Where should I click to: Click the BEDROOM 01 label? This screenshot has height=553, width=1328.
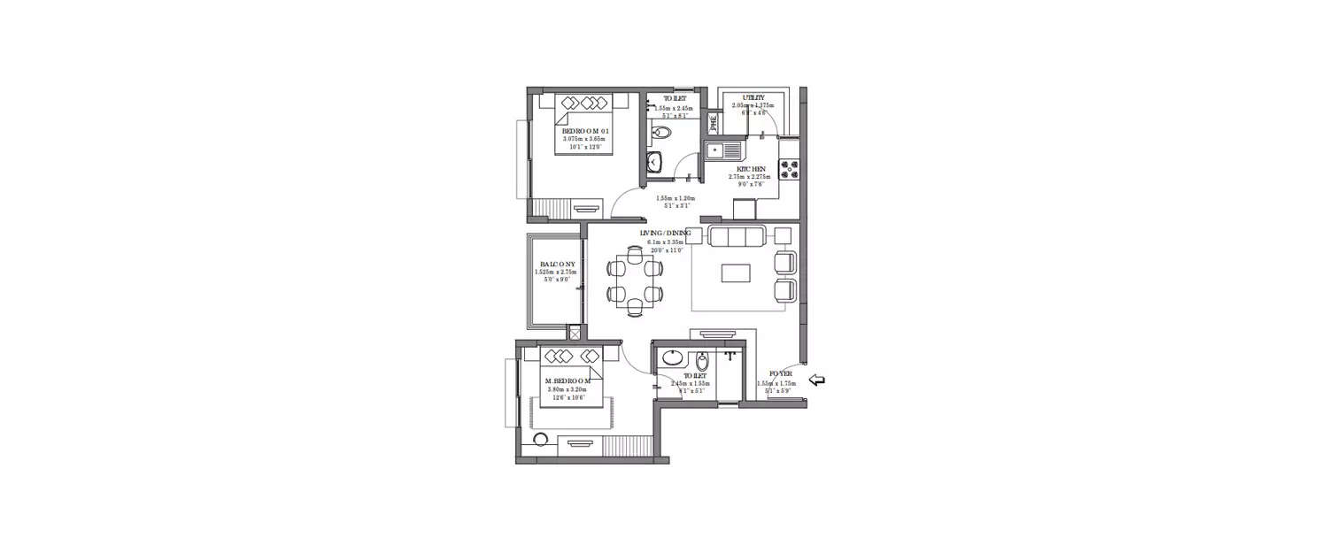[582, 130]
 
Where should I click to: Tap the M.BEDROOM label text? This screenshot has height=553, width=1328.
[568, 380]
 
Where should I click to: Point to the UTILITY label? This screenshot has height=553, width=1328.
[742, 97]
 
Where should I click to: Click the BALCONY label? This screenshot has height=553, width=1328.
[555, 265]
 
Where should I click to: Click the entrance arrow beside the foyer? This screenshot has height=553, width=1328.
[818, 380]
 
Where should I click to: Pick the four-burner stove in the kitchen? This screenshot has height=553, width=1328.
[789, 167]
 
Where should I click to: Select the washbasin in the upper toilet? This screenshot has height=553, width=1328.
[653, 162]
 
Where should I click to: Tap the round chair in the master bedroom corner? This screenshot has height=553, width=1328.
[539, 441]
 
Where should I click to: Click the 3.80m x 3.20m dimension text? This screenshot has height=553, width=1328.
[568, 389]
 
